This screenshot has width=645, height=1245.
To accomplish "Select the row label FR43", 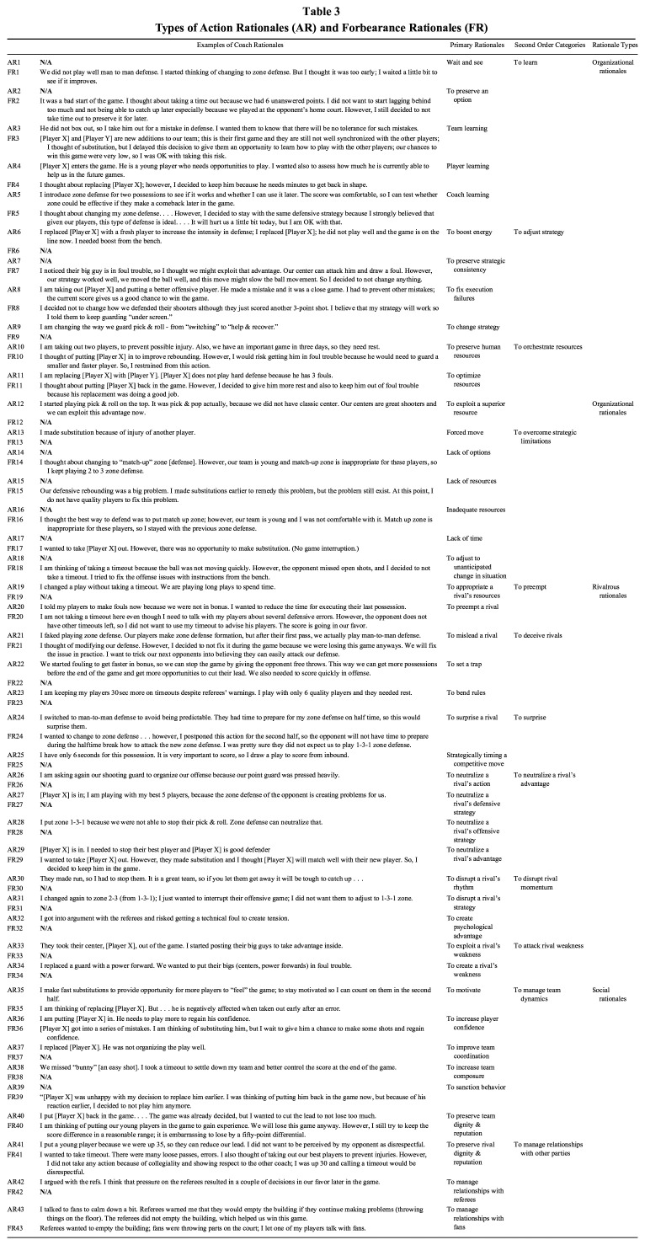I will (x=13, y=1233).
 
